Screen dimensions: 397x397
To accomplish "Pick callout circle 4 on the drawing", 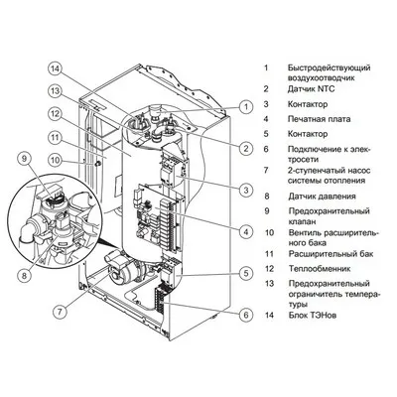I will tap(244, 231).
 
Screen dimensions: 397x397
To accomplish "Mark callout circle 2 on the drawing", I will tap(244, 148).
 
